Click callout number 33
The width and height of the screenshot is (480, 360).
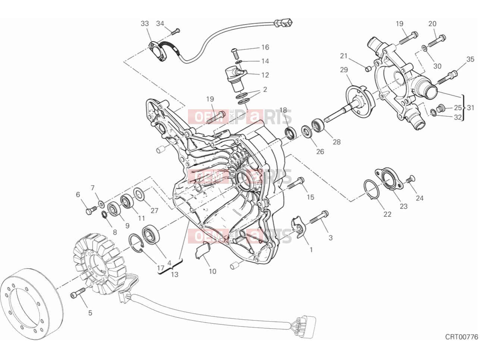pyautogui.click(x=145, y=24)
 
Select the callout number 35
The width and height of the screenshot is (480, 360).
pyautogui.click(x=470, y=59)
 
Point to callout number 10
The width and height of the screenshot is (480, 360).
pyautogui.click(x=213, y=272)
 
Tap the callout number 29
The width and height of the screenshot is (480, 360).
pyautogui.click(x=344, y=70)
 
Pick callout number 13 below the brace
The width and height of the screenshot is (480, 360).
pyautogui.click(x=175, y=275)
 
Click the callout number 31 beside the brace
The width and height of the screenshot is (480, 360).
pyautogui.click(x=470, y=107)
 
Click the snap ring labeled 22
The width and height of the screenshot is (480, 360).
pyautogui.click(x=371, y=190)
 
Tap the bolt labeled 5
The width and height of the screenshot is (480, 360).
pyautogui.click(x=78, y=293)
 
